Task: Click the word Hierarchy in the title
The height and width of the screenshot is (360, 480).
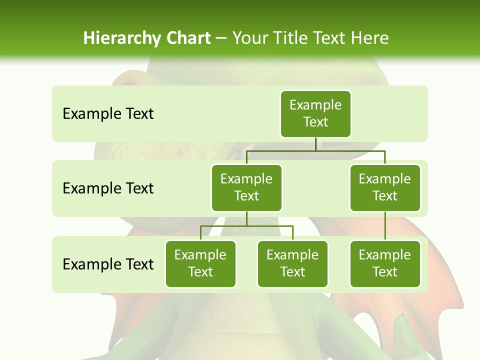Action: coord(122,38)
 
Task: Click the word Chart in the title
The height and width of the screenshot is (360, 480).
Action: coord(187,38)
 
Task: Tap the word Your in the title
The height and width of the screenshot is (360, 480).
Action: coord(250,38)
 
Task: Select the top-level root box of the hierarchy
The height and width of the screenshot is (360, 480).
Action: coord(315,114)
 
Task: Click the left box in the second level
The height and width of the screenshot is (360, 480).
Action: coord(246,188)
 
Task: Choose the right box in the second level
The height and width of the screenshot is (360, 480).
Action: coord(385,188)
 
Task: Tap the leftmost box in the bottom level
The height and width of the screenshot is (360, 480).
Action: coord(200,264)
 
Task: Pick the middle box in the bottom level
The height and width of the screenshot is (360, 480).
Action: coord(292,264)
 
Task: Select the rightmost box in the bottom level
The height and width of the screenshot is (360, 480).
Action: coord(385,264)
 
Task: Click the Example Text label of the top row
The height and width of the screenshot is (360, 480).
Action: coord(108,114)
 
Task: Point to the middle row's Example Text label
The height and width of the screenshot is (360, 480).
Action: coord(108,188)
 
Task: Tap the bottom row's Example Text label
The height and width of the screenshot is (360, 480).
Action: coord(108,264)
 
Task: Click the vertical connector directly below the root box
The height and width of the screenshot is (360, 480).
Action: coord(315,144)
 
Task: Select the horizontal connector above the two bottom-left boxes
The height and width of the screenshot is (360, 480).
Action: coord(246,226)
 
